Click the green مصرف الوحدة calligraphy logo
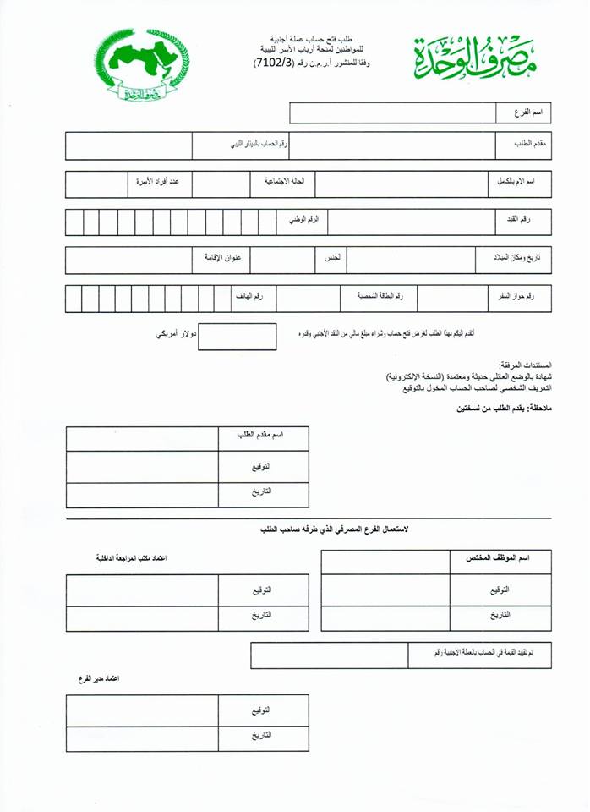pyautogui.click(x=476, y=56)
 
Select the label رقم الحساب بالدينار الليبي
pyautogui.click(x=259, y=144)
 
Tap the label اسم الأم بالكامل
pyautogui.click(x=521, y=183)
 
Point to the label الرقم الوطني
pyautogui.click(x=303, y=220)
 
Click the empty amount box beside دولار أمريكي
pyautogui.click(x=236, y=336)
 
